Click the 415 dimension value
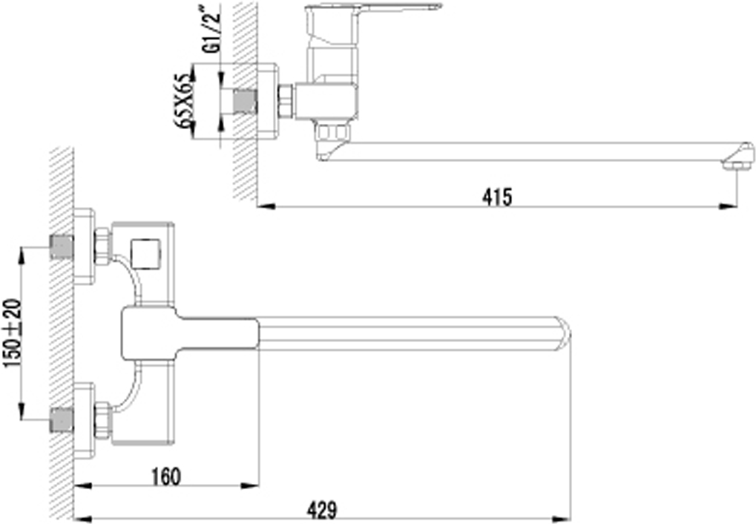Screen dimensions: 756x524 click(498, 197)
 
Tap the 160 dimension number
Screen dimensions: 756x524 click(166, 476)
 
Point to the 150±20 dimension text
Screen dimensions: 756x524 click(13, 333)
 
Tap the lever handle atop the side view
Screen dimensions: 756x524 click(374, 7)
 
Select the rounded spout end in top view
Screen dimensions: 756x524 click(563, 333)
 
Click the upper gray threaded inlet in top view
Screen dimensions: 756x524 click(62, 247)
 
